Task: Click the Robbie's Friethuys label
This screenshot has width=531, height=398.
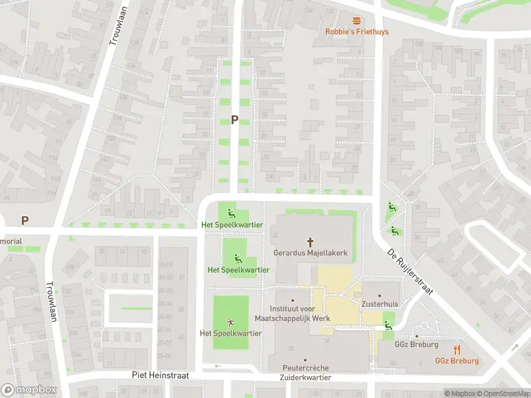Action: pos(356,31)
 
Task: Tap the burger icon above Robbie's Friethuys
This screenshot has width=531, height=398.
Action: pos(357,21)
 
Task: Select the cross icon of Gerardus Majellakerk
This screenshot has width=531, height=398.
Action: pos(310,243)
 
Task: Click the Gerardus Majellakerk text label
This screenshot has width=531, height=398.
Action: pos(310,253)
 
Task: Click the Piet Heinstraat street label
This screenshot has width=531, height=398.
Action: pos(160,375)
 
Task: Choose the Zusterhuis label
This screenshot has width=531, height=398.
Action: pos(380,304)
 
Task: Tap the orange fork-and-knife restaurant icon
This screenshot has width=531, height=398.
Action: pos(457,350)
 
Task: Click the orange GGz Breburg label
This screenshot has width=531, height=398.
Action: pos(457,361)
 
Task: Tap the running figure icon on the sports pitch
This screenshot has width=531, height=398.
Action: pos(230,322)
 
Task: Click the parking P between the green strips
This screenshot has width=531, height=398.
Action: pos(234,119)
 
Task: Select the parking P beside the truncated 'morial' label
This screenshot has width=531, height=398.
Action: pos(25,220)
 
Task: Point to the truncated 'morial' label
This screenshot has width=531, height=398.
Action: pos(11,241)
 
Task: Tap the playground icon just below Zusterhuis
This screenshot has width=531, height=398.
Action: pos(388,324)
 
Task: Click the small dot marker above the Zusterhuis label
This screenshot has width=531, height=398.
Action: pos(380,295)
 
